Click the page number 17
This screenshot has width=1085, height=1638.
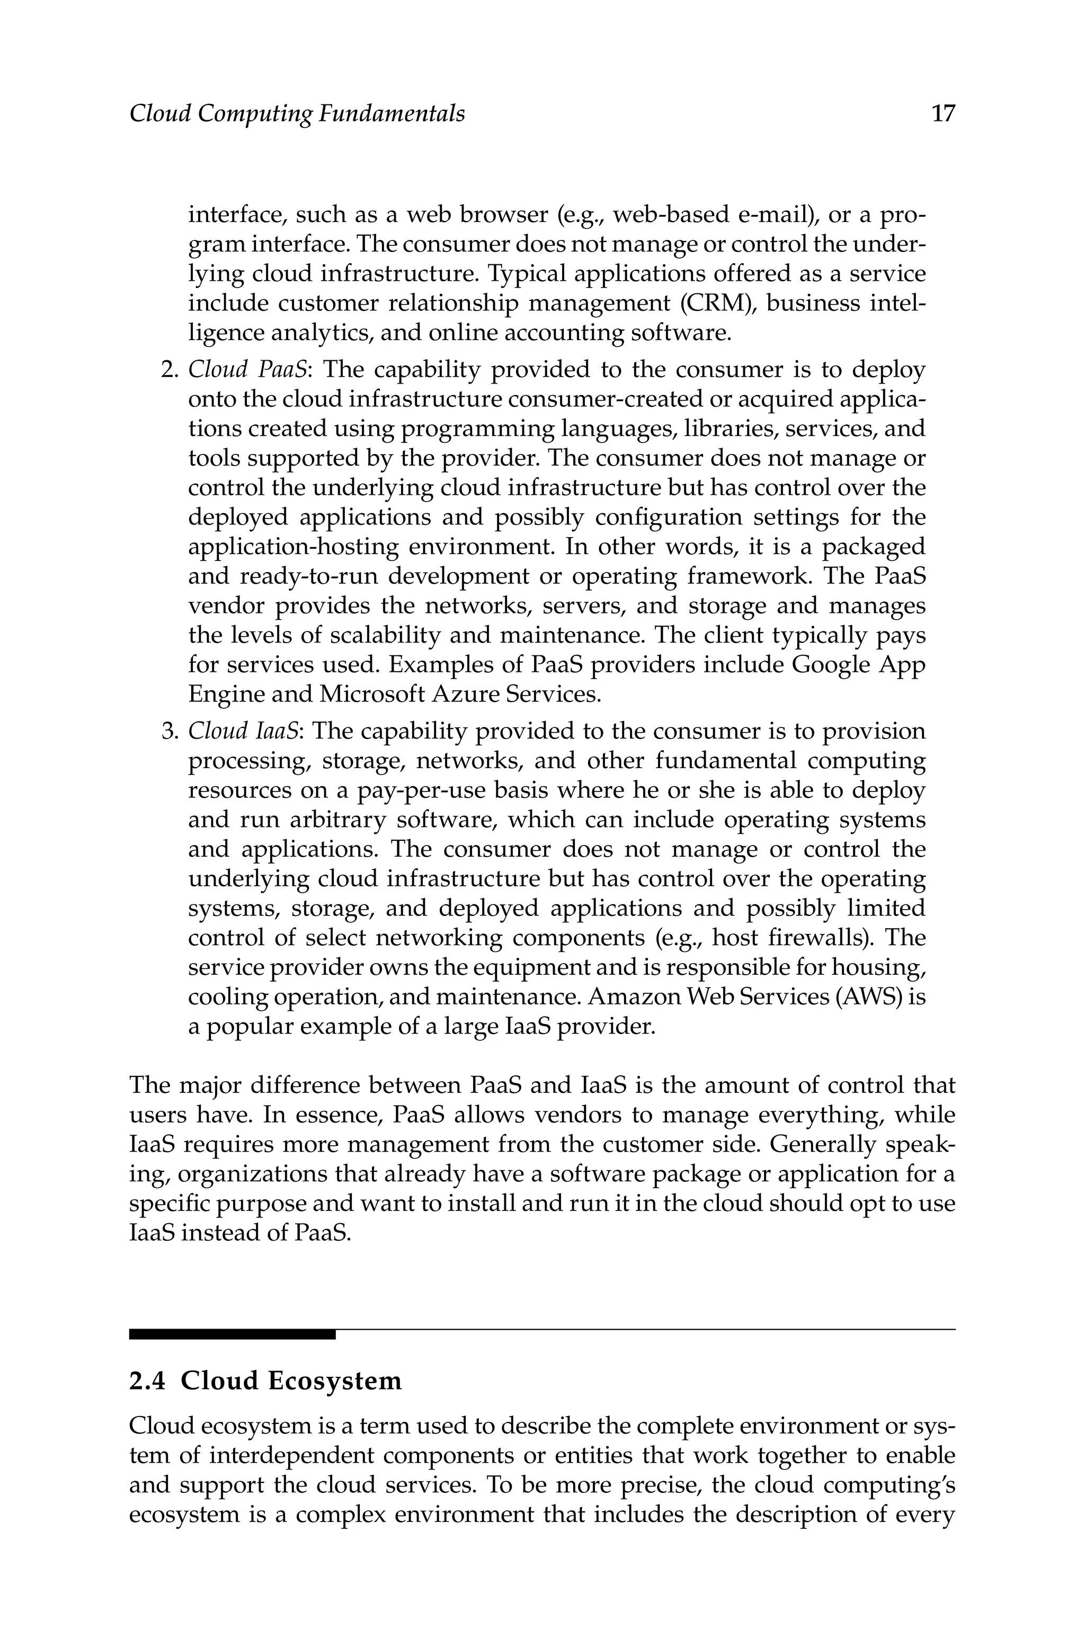943,113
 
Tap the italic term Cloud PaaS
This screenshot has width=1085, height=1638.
247,370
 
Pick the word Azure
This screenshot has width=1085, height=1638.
466,694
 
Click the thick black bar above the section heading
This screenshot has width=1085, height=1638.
232,1334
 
